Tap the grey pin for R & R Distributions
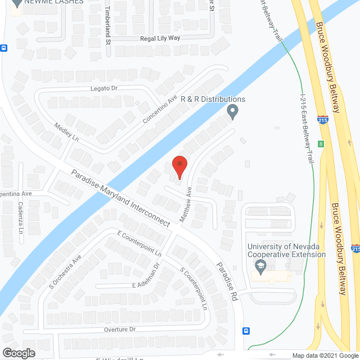pyautogui.click(x=232, y=112)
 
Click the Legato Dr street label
pyautogui.click(x=103, y=88)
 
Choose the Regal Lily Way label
pyautogui.click(x=160, y=38)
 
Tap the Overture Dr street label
pyautogui.click(x=120, y=329)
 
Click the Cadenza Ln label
pyautogui.click(x=20, y=218)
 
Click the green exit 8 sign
pyautogui.click(x=321, y=144)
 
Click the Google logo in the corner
pyautogui.click(x=18, y=353)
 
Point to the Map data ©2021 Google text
pyautogui.click(x=325, y=355)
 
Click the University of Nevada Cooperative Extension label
pyautogui.click(x=287, y=250)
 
